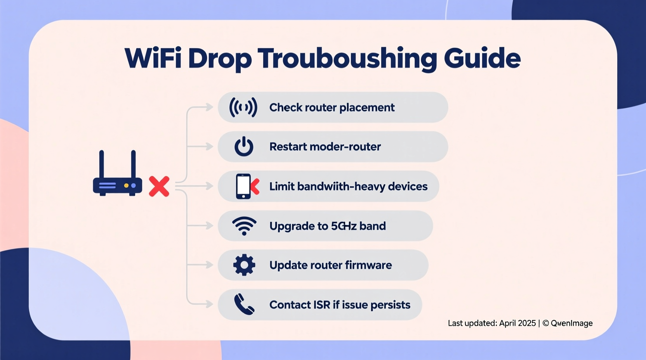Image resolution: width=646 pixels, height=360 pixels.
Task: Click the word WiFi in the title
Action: pos(153,58)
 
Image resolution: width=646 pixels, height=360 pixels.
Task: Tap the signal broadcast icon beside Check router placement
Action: pos(243,107)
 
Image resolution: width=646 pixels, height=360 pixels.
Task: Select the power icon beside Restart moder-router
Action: pos(244,147)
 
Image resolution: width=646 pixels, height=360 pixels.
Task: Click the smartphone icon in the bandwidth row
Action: pos(243,186)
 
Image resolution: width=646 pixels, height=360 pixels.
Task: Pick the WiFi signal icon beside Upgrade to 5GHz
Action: pos(244,226)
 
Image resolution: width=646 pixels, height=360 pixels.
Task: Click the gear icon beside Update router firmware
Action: pos(244,265)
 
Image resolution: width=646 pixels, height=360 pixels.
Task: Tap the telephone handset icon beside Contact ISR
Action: pos(244,304)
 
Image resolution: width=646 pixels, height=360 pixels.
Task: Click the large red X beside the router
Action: pos(159,186)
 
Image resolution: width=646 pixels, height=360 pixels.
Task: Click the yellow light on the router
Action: pos(126,186)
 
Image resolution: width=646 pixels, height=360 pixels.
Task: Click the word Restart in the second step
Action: pos(286,147)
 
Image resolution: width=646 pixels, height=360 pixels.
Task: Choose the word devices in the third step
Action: pos(408,187)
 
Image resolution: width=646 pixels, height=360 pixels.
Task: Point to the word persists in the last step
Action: pos(390,305)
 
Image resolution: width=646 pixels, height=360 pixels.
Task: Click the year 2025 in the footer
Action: pos(526,323)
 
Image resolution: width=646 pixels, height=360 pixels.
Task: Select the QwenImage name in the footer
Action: pos(571,323)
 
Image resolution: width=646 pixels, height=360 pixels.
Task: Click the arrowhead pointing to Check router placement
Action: pos(210,107)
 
